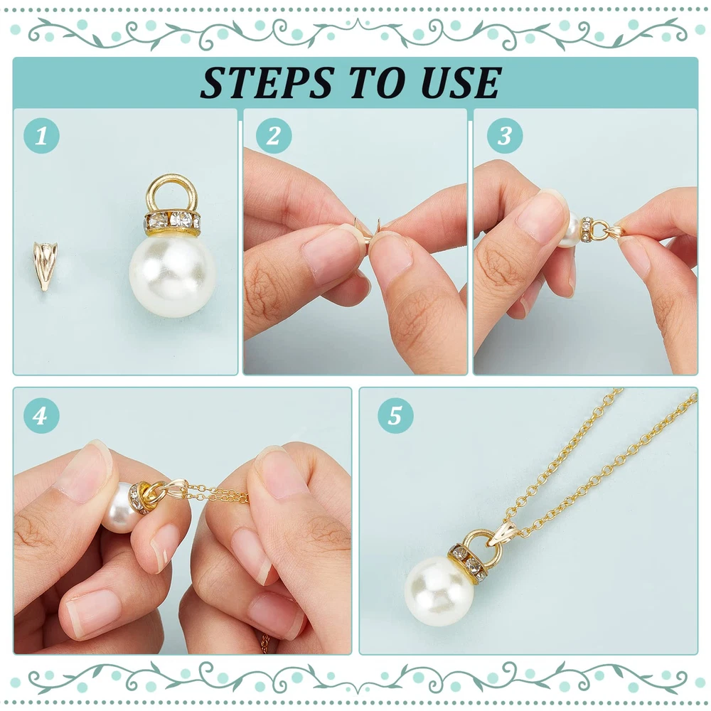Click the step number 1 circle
[x=41, y=136]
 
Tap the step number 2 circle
[x=274, y=136]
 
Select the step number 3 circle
[x=505, y=136]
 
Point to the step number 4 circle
[x=41, y=415]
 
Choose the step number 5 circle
[x=395, y=415]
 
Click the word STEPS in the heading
[x=267, y=82]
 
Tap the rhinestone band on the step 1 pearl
[x=172, y=221]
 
